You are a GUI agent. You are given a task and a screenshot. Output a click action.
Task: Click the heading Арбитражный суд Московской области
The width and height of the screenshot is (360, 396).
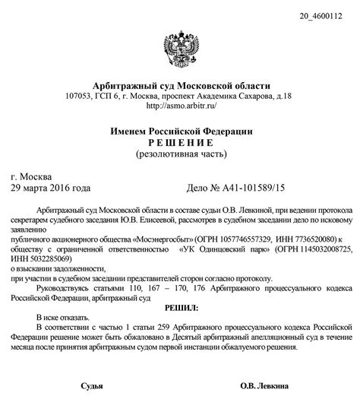[180, 84]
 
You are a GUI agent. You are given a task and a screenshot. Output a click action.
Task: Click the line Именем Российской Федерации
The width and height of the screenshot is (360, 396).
[180, 131]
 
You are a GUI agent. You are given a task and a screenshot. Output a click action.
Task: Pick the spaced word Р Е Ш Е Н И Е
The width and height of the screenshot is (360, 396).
[180, 143]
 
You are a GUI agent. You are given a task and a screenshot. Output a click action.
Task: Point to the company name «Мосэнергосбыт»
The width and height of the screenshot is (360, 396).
[163, 238]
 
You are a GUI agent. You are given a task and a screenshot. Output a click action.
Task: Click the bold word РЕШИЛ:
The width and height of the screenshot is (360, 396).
[180, 308]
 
